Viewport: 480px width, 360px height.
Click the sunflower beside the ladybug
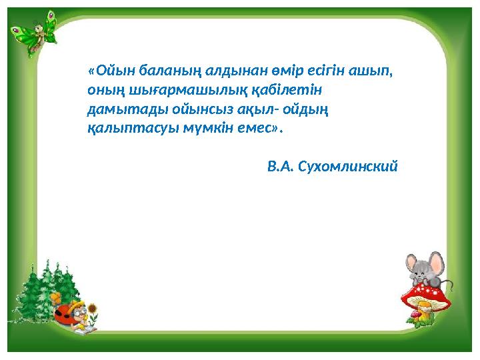coord(94,311)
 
